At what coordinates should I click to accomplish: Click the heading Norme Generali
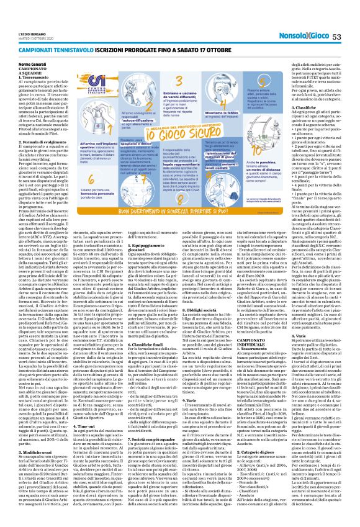[x=50, y=64]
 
